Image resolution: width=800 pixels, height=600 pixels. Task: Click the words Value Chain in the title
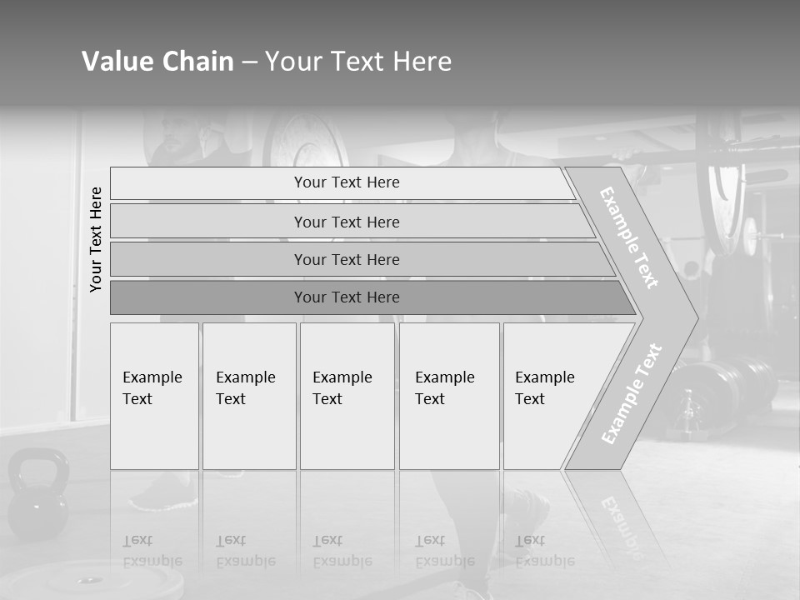pyautogui.click(x=157, y=62)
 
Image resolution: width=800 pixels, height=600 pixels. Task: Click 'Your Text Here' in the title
pyautogui.click(x=358, y=62)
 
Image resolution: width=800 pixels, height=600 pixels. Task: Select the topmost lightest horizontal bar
pyautogui.click(x=346, y=182)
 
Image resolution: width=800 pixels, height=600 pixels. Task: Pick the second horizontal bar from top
pyautogui.click(x=346, y=222)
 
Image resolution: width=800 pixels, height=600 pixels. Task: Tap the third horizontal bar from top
pyautogui.click(x=346, y=259)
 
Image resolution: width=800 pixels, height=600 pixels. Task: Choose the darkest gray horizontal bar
pyautogui.click(x=346, y=297)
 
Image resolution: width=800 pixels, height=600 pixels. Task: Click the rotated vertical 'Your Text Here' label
pyautogui.click(x=96, y=239)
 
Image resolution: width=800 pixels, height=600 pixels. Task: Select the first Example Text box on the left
pyautogui.click(x=154, y=396)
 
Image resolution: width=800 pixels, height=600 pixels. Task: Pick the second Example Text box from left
pyautogui.click(x=248, y=396)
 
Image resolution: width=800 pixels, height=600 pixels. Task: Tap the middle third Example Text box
pyautogui.click(x=347, y=396)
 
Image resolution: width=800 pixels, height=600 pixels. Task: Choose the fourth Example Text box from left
pyautogui.click(x=448, y=396)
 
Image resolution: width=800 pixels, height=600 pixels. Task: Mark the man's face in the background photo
pyautogui.click(x=176, y=131)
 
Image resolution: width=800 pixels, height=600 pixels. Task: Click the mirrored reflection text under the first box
pyautogui.click(x=152, y=551)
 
